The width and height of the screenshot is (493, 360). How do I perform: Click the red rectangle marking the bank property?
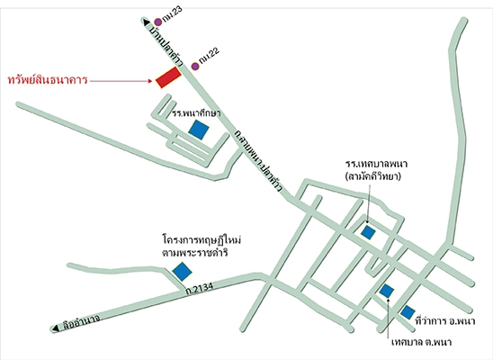[x=169, y=77]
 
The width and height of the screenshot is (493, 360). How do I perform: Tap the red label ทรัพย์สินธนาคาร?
[x=48, y=80]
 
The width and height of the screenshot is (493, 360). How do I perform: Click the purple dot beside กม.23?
[x=157, y=22]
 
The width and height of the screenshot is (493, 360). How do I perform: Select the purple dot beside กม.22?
[x=195, y=66]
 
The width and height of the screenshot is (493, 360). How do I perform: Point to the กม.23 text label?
[x=173, y=15]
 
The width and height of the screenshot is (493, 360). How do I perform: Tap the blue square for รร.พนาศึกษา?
[x=199, y=130]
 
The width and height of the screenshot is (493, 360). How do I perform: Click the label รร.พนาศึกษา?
[x=196, y=113]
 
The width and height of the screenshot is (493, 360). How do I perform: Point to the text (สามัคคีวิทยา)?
[x=372, y=176]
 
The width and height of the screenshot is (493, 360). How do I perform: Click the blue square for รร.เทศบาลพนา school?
[x=368, y=232]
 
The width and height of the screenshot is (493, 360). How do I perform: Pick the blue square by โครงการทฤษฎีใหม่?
[x=182, y=271]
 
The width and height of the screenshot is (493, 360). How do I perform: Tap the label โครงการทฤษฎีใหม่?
[x=202, y=240]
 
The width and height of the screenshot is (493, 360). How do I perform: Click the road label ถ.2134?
[x=200, y=288]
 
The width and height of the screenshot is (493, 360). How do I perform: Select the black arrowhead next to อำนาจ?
[x=56, y=328]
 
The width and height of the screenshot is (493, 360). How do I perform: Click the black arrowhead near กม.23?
[x=147, y=22]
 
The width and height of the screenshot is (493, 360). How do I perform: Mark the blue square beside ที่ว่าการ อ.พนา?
[x=408, y=312]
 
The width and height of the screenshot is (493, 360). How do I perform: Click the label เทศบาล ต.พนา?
[x=421, y=342]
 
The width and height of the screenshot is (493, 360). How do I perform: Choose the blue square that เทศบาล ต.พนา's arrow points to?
[x=387, y=291]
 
